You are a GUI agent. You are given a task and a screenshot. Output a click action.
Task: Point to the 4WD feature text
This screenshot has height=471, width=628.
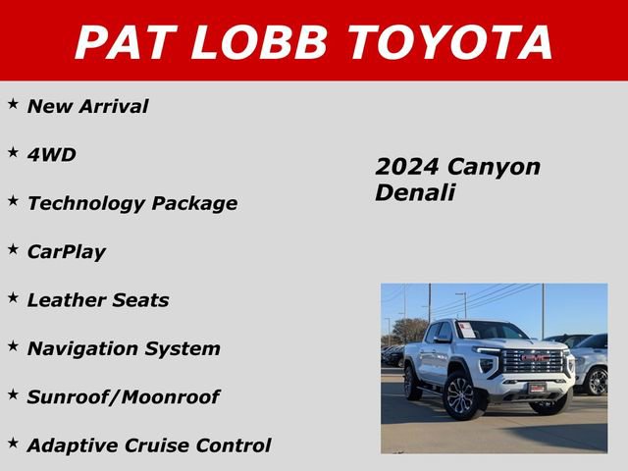click(x=51, y=155)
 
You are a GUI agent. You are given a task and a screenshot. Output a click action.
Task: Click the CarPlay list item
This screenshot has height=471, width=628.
click(x=66, y=252)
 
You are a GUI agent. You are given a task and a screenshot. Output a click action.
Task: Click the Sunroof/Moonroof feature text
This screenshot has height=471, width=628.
click(x=123, y=397)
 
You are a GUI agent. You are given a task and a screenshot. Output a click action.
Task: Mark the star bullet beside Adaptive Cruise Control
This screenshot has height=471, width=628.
click(x=13, y=444)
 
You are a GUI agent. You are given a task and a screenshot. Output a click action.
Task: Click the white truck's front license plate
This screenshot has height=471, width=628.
click(x=537, y=388)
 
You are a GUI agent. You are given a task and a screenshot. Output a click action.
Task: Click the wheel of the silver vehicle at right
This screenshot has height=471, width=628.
click(x=597, y=381)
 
